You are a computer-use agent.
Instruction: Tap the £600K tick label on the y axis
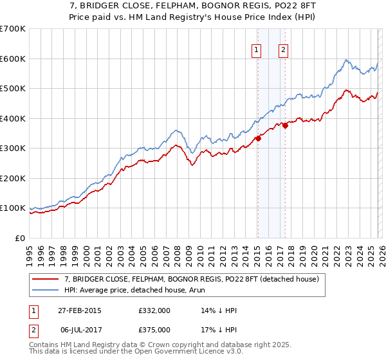click(12, 59)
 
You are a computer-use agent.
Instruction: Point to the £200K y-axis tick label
click(12, 178)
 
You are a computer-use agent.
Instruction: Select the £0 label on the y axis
click(19, 238)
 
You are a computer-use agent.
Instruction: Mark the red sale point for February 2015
click(258, 138)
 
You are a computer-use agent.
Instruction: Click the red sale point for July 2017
click(285, 125)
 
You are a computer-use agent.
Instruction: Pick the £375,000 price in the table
click(154, 329)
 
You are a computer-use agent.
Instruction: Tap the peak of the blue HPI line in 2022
click(346, 60)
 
